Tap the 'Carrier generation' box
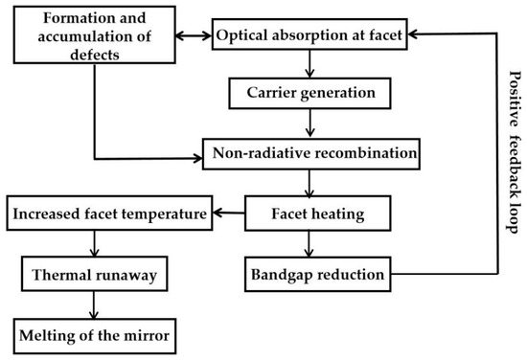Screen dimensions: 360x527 pyautogui.click(x=309, y=95)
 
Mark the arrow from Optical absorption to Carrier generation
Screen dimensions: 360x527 pyautogui.click(x=309, y=65)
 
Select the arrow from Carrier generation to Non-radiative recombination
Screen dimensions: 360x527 pyautogui.click(x=309, y=124)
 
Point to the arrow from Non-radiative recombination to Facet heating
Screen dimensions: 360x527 pyautogui.click(x=309, y=183)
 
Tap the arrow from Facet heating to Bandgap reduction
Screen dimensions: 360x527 pyautogui.click(x=309, y=243)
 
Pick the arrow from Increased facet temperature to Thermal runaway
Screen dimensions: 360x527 pyautogui.click(x=93, y=243)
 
